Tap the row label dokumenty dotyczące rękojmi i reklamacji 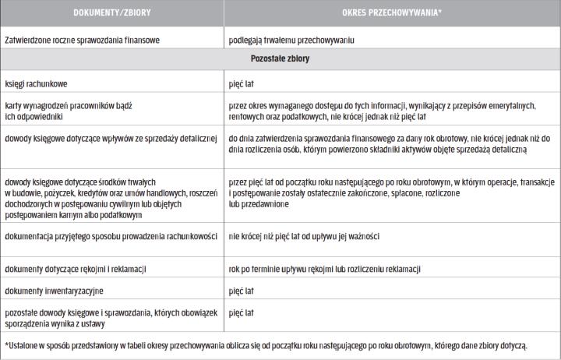[76, 268]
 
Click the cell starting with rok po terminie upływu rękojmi [326, 268]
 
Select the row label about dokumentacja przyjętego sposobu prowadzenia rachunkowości [109, 235]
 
